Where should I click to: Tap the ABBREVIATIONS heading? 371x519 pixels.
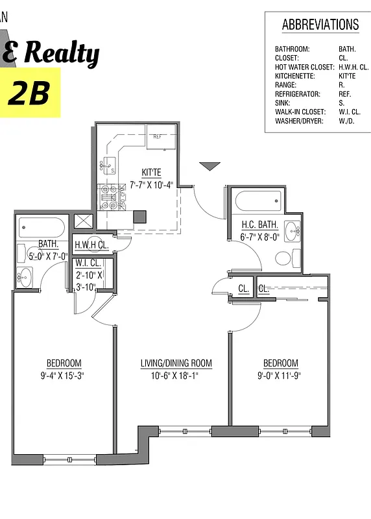pos(320,25)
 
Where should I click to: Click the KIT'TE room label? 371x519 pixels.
pos(151,173)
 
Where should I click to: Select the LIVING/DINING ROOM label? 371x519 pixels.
pos(176,363)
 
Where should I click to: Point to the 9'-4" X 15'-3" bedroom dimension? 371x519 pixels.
pos(64,375)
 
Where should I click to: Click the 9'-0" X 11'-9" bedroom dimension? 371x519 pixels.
pos(280,375)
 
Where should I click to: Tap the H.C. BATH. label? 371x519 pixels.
pos(259,225)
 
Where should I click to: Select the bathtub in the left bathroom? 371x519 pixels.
pos(42,227)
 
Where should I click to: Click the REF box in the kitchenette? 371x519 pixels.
pos(160,137)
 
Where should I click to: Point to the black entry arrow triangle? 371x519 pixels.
pos(209,167)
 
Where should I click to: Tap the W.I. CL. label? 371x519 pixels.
pos(87,263)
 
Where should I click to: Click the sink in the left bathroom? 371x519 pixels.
pos(25,277)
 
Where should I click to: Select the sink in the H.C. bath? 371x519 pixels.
pos(293,230)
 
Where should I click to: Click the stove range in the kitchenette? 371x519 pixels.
pos(108,197)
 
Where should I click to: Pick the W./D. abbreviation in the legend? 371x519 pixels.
pos(346,121)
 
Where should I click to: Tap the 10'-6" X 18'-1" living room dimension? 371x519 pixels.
pos(176,375)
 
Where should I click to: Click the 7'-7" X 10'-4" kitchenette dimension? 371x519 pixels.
pos(151,185)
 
